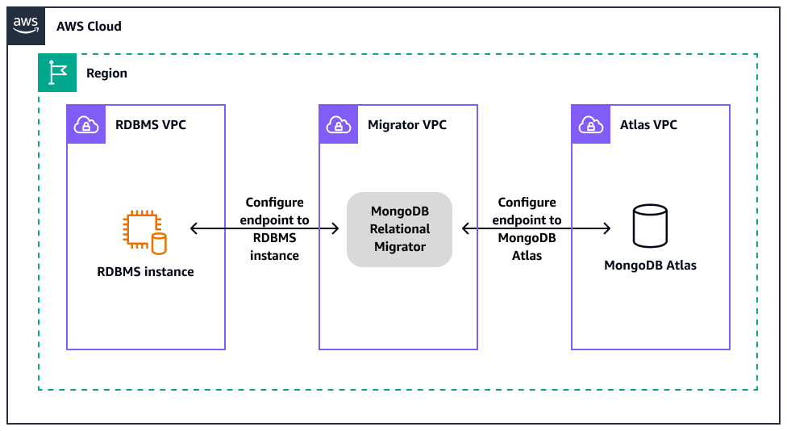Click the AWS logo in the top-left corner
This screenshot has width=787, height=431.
tap(26, 26)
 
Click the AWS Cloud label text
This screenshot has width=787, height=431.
tap(89, 26)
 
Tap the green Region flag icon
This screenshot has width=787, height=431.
tap(57, 73)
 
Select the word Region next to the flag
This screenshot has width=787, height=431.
tap(106, 73)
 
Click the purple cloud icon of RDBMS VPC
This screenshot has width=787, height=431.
tap(86, 124)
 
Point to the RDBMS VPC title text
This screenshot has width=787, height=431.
tap(151, 125)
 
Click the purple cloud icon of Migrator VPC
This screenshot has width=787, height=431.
tap(339, 124)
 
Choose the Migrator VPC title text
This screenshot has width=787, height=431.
tap(406, 125)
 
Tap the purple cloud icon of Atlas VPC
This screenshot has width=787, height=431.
tap(591, 124)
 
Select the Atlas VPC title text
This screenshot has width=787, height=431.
tap(648, 125)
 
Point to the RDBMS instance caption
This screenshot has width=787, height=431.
tap(145, 272)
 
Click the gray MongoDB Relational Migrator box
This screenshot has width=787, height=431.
tap(399, 229)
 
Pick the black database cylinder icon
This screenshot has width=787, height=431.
tap(649, 226)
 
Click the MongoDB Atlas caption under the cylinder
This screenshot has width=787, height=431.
tap(650, 266)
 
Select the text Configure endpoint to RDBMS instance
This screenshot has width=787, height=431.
tap(274, 228)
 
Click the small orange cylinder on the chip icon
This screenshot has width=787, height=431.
tap(159, 241)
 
